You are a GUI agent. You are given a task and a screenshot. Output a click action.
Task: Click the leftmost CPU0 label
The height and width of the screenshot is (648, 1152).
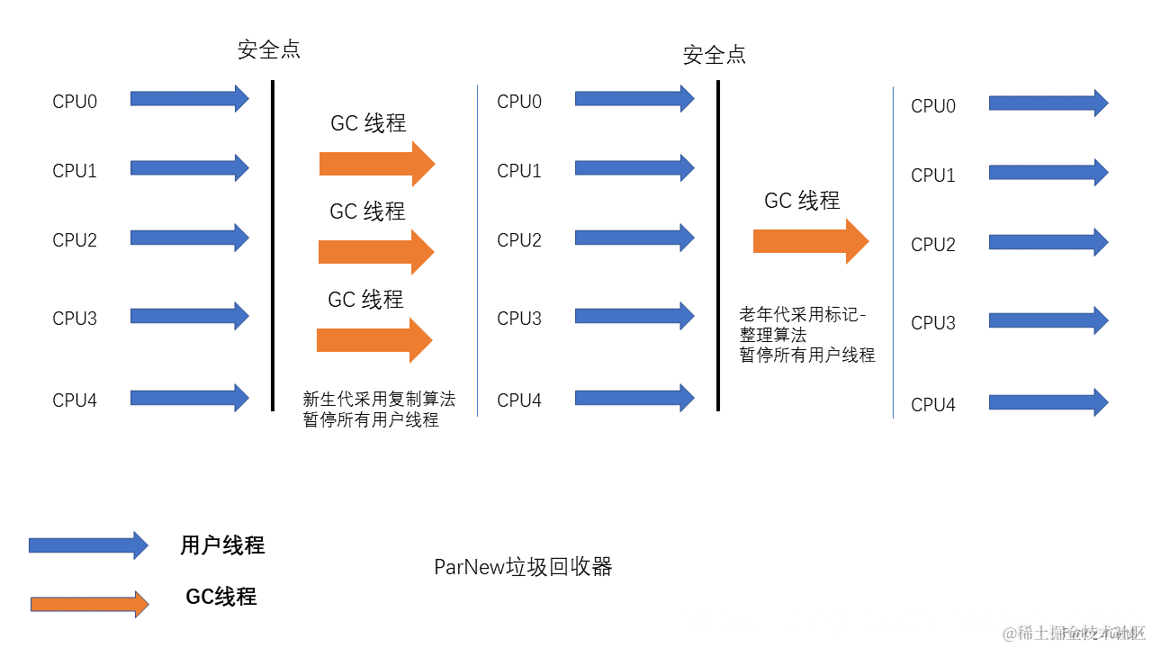[74, 102]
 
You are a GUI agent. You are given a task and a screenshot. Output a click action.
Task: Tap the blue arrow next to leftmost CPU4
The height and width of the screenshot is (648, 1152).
[189, 398]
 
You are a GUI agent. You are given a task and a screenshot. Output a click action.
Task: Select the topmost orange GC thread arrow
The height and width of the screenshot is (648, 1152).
[376, 164]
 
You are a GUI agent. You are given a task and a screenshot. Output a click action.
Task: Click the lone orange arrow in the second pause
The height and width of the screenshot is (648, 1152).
[810, 241]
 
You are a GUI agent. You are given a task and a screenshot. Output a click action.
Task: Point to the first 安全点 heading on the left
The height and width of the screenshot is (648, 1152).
[269, 49]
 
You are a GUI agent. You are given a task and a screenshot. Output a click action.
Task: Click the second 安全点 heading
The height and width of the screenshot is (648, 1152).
[715, 55]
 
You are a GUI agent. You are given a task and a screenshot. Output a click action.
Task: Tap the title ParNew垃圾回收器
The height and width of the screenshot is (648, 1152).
[523, 567]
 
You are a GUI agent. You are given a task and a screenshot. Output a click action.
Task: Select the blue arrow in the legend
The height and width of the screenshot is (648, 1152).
[88, 544]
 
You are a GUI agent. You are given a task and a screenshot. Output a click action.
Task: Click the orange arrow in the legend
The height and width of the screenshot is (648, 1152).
[89, 605]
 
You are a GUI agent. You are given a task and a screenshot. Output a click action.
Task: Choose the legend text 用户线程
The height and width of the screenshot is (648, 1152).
[222, 545]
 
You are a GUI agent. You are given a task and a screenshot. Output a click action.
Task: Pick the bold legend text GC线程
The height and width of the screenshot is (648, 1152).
[221, 597]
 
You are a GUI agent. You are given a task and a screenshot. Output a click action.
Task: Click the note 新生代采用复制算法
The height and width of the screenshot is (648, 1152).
[379, 400]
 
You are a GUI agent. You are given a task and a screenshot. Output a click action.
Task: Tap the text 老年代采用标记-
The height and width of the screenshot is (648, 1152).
[803, 314]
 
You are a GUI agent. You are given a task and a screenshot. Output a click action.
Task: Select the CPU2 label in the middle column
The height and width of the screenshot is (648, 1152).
[519, 240]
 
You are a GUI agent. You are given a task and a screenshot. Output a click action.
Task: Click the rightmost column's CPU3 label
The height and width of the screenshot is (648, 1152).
[933, 323]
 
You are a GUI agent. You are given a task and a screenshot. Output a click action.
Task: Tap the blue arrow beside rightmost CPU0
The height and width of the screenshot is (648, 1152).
[1048, 103]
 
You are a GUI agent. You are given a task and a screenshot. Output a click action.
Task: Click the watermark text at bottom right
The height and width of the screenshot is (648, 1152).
[1074, 633]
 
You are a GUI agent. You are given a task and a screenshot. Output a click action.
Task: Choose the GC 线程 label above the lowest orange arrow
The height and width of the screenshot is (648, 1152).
[365, 300]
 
